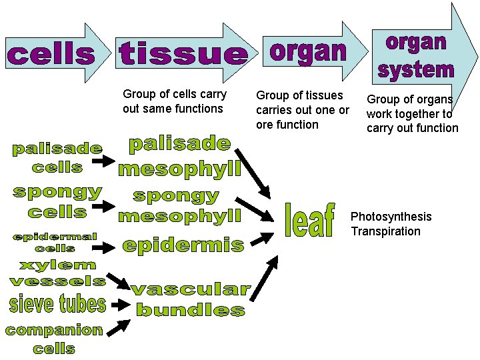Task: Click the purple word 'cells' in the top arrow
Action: point(51,54)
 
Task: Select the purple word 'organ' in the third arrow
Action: point(308,51)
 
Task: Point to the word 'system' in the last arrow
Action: point(415,68)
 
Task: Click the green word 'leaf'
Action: point(309,220)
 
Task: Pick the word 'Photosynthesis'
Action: point(391,217)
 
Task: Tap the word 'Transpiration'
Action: point(386,231)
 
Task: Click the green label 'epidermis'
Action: point(183,245)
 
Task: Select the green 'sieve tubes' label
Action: point(57,305)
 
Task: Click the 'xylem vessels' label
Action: point(57,274)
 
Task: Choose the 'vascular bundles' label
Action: point(190,300)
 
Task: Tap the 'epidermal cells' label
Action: point(55,242)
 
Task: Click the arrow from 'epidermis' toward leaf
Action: point(263,238)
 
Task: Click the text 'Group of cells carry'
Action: point(175,94)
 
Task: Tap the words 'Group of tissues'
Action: point(299,96)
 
